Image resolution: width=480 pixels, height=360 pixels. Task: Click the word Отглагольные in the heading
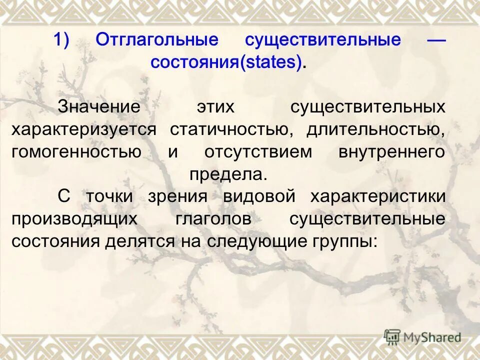(157, 40)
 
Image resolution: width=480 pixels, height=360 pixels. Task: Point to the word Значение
(98, 107)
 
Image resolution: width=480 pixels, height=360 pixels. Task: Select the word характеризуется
(84, 130)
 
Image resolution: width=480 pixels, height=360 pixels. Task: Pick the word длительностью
(375, 130)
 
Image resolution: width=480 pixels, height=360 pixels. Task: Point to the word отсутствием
(257, 152)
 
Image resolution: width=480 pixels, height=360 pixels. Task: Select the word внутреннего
(391, 152)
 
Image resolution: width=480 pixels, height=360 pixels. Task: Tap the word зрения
(177, 196)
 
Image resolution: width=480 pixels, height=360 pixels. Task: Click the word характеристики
(377, 196)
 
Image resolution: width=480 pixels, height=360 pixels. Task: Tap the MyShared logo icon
(392, 337)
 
